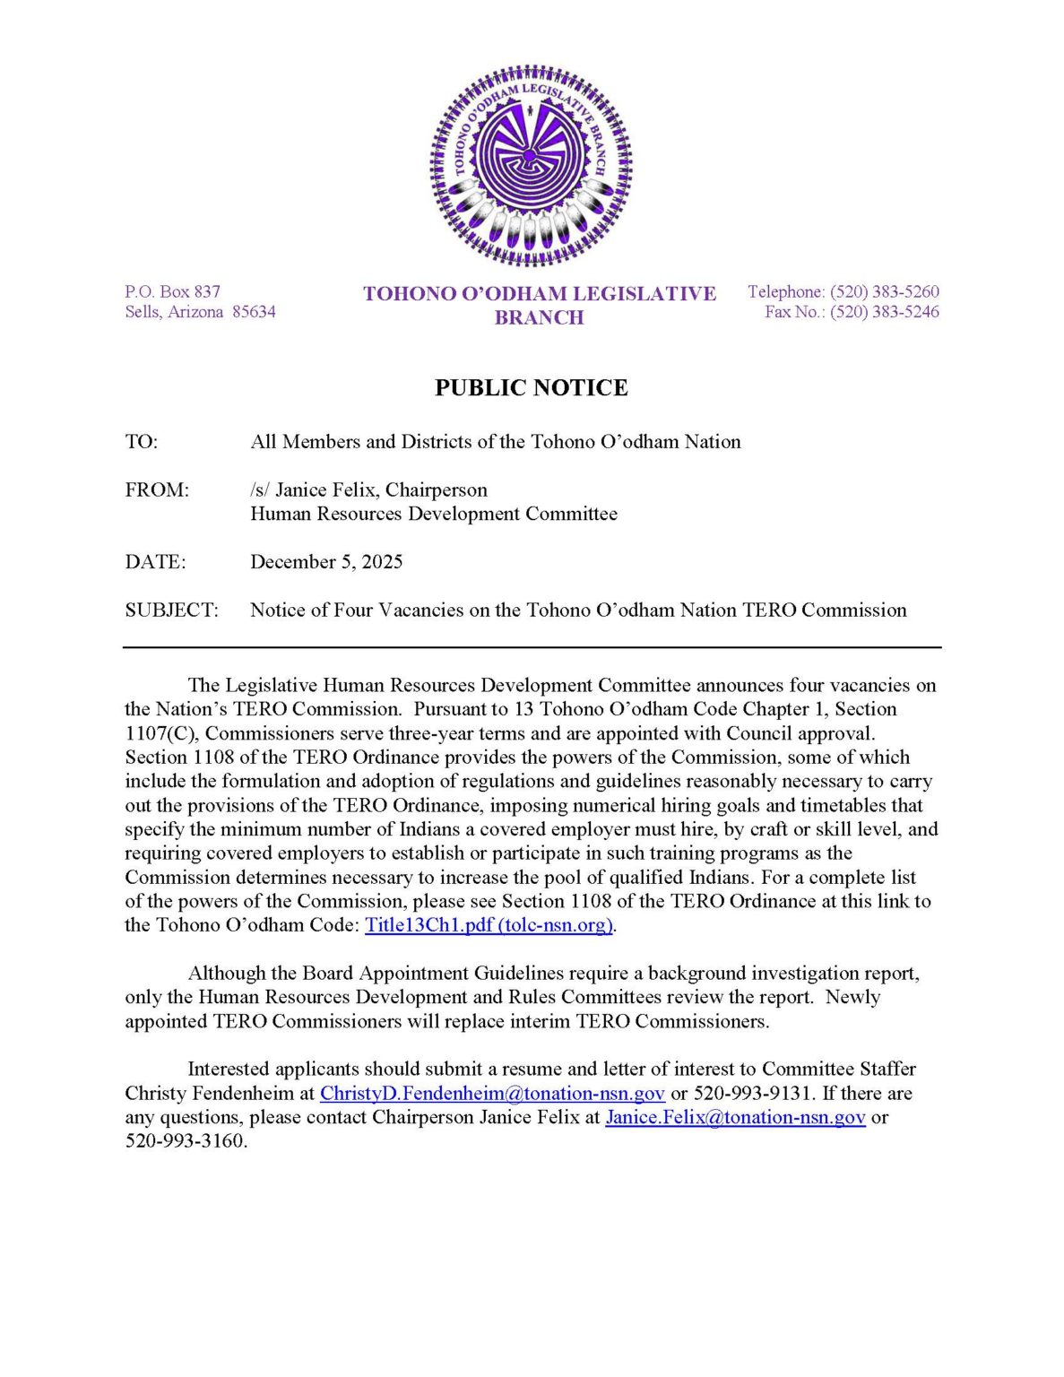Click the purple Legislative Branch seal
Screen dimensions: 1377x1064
point(531,165)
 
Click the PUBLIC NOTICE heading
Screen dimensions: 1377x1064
point(531,387)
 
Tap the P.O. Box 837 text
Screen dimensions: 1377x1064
point(172,291)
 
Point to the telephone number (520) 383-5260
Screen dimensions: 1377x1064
point(884,291)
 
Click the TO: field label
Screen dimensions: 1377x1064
point(141,442)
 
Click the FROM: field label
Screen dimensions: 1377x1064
point(157,490)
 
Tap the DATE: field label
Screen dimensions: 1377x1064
point(155,562)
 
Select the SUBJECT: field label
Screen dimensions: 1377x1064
point(171,611)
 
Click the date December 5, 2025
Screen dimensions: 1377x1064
point(326,562)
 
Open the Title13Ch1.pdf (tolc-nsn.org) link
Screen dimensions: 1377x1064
point(489,925)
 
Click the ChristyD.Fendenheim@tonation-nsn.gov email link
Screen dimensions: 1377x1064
point(492,1094)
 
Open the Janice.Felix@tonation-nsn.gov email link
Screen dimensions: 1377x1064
point(735,1118)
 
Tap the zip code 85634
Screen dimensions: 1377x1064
point(254,312)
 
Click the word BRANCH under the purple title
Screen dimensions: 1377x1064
point(539,317)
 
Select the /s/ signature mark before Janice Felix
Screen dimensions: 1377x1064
point(260,490)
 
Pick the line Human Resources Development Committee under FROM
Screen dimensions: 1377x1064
point(434,514)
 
